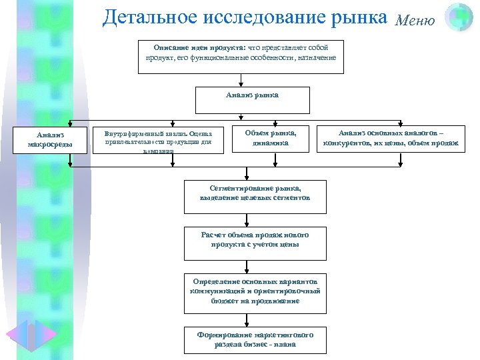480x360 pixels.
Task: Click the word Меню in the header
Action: [x=415, y=20]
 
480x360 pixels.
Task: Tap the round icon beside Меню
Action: [x=459, y=17]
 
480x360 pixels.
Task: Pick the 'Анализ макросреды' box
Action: [x=50, y=139]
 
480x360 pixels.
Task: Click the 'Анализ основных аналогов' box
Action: [x=391, y=138]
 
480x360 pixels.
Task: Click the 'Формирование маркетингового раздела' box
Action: [x=255, y=340]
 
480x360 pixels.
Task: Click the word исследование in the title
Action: [x=265, y=18]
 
